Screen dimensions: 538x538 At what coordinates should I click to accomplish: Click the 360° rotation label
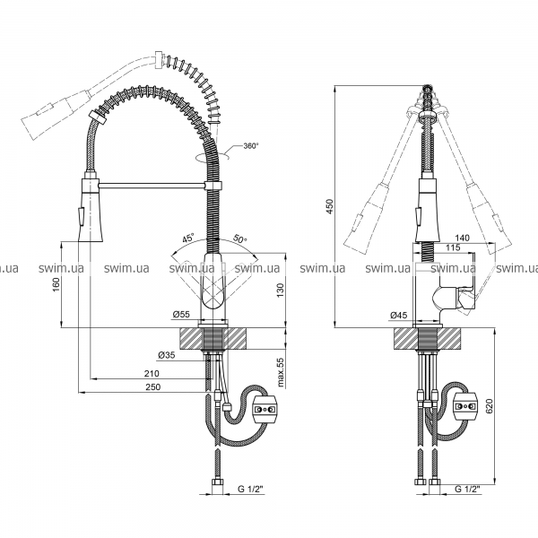[x=250, y=146]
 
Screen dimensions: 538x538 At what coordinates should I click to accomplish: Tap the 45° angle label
[x=188, y=238]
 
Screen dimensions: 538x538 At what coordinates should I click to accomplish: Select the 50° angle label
[x=240, y=239]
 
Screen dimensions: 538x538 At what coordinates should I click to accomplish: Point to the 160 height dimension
[x=56, y=284]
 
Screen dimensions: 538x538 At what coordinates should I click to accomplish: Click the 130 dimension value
[x=281, y=291]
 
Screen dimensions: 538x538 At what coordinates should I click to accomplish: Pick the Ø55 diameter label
[x=181, y=315]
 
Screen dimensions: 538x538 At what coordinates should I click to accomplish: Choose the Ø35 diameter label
[x=167, y=356]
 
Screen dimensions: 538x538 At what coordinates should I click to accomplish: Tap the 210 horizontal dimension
[x=152, y=373]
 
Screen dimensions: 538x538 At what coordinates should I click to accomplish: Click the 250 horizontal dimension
[x=153, y=386]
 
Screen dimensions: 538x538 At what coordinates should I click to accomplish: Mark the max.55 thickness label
[x=281, y=373]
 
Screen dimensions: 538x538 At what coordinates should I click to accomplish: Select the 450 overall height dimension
[x=329, y=206]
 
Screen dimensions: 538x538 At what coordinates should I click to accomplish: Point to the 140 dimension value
[x=462, y=238]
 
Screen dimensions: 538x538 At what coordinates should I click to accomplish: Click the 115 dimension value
[x=453, y=247]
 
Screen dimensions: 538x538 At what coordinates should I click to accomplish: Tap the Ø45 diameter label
[x=399, y=315]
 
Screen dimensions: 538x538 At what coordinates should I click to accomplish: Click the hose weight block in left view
[x=264, y=410]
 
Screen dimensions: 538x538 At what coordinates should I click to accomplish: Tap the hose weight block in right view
[x=465, y=406]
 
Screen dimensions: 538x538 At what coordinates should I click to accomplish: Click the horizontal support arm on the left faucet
[x=152, y=186]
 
